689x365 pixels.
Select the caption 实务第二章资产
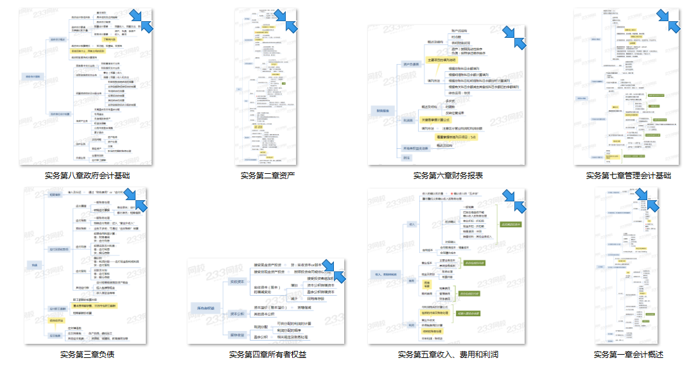coord(268,175)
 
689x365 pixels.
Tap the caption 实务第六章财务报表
coord(448,175)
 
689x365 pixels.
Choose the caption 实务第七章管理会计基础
coord(629,175)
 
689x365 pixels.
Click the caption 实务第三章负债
coord(87,354)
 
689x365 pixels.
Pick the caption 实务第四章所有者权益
coord(268,354)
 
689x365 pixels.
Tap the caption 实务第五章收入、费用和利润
coord(448,354)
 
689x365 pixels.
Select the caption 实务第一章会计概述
coord(629,354)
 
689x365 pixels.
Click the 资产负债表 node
coord(411,64)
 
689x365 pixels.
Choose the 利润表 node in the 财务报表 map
coord(408,119)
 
